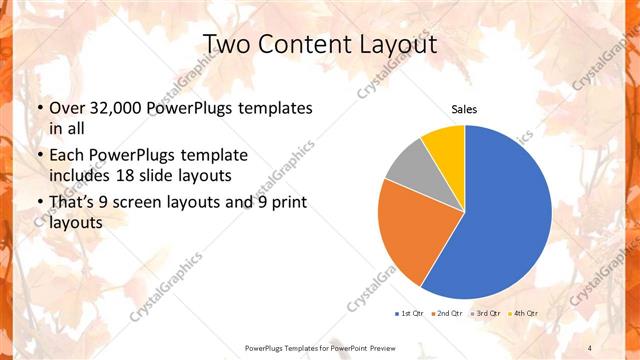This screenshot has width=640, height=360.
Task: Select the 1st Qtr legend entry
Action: (x=410, y=313)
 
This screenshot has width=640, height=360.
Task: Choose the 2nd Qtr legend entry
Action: (x=446, y=313)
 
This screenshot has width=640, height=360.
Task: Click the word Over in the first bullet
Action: (x=66, y=108)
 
